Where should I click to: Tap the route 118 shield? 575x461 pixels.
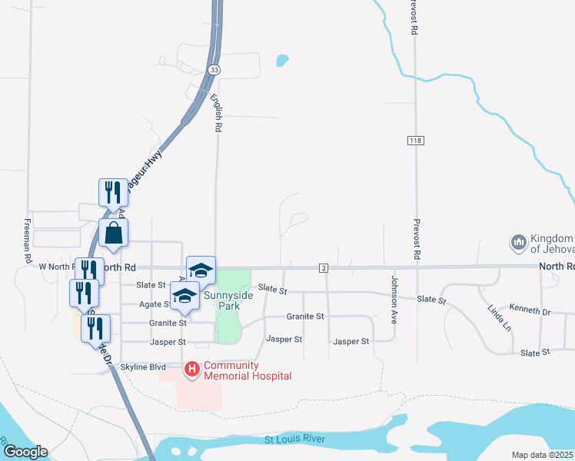[415, 140]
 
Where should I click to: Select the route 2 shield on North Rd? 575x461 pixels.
[324, 267]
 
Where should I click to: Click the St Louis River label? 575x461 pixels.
[294, 439]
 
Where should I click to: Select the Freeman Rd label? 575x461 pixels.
[27, 237]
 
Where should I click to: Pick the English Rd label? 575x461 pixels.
[218, 114]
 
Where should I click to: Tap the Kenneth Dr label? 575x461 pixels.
[530, 310]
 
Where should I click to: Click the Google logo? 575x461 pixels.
[25, 452]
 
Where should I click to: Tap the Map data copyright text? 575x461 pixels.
[542, 455]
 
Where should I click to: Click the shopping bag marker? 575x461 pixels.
[113, 232]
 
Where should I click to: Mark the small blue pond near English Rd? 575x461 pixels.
[282, 59]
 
